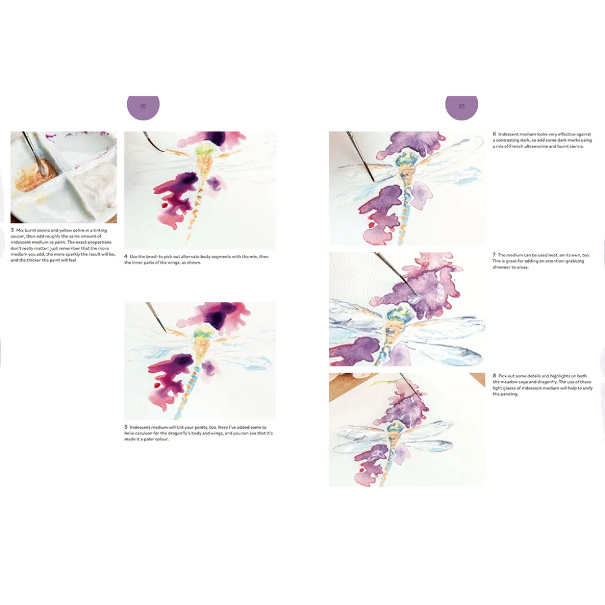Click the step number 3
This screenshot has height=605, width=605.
tap(12, 230)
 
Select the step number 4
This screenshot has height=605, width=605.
tap(126, 256)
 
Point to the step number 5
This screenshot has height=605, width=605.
tap(126, 427)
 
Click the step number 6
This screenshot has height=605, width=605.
tap(494, 134)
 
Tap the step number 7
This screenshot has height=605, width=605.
tap(494, 255)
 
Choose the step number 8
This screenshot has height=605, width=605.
tap(494, 376)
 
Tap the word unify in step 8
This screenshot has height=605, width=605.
tap(588, 388)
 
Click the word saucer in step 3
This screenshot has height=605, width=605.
tap(17, 236)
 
